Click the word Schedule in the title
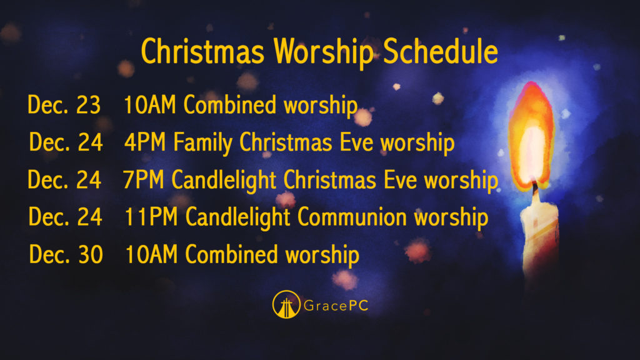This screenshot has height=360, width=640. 441,51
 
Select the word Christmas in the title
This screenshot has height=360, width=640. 202,51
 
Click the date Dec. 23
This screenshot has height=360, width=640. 64,105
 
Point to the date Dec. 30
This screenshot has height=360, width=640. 66,254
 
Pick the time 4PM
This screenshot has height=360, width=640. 145,142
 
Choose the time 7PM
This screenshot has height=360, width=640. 143,180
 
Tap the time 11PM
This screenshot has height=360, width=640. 151,217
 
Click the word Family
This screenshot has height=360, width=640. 204,144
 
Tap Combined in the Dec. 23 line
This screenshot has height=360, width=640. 230,104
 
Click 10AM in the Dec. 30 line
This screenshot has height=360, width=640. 151,254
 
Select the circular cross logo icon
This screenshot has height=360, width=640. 286,304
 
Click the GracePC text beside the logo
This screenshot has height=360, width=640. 336,305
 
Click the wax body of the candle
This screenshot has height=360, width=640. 539,237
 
